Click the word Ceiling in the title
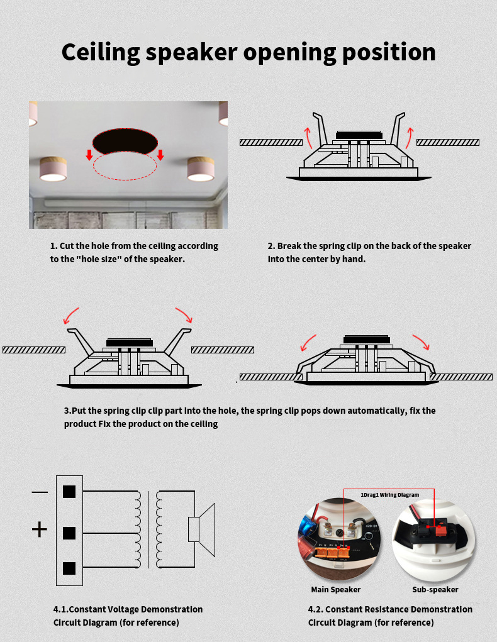tap(101, 53)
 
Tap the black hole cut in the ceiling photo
tap(125, 141)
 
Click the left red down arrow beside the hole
tap(89, 155)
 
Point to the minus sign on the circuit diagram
tap(40, 492)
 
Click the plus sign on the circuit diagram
tap(40, 529)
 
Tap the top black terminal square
tap(69, 492)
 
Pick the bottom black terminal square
tap(69, 568)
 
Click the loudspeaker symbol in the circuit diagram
tap(201, 529)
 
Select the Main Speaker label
tap(335, 590)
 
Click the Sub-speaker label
tap(435, 590)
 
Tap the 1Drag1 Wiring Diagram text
tap(389, 495)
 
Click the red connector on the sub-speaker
tap(440, 531)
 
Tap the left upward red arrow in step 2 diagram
tap(308, 138)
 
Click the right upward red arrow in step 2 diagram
tap(410, 138)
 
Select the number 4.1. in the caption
tap(61, 609)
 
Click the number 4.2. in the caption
tap(315, 609)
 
